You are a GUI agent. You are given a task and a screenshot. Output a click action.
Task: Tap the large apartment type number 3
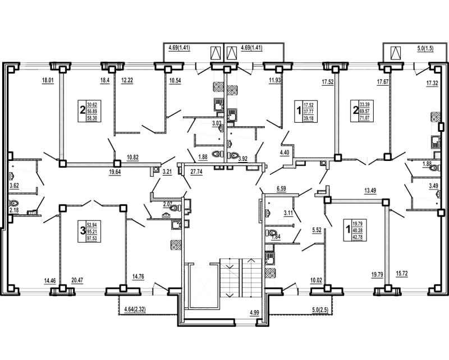point(82,230)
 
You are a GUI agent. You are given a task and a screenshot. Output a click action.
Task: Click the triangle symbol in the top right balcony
point(396,53)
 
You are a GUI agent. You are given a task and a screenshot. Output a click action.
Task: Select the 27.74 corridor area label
point(196,172)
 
